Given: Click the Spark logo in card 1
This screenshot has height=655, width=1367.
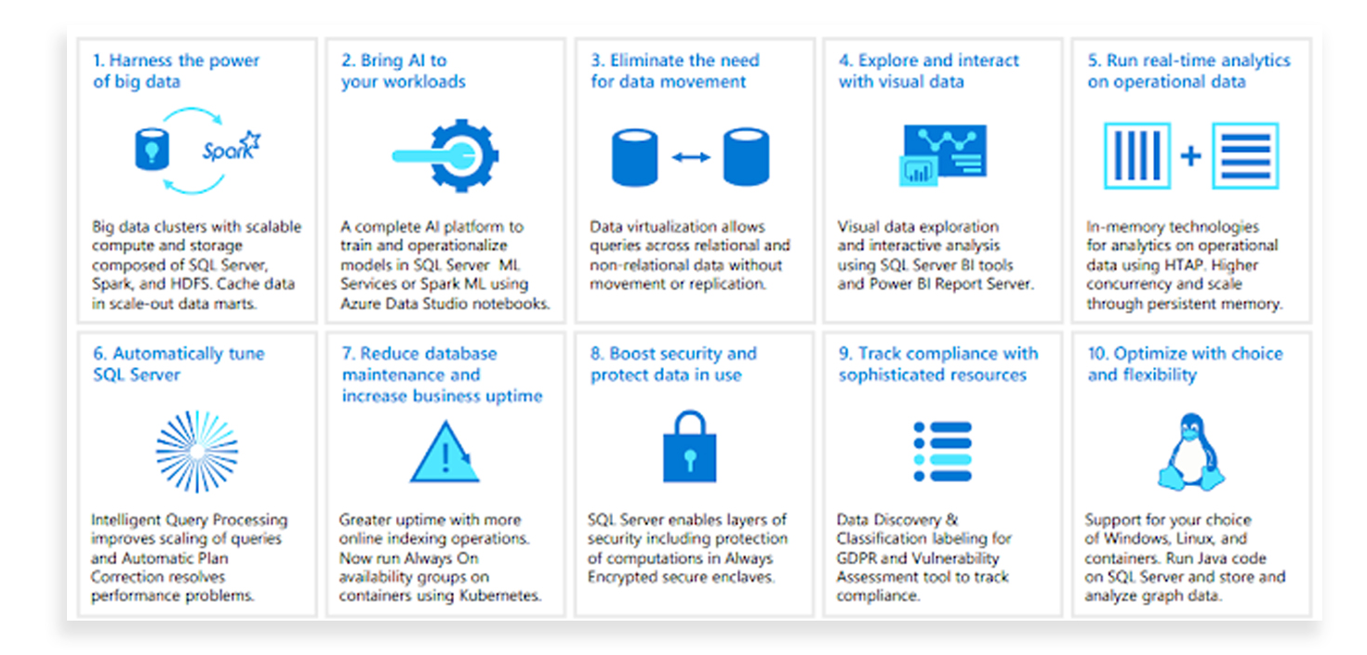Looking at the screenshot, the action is click(232, 147).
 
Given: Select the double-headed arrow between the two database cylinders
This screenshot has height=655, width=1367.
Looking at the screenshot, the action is click(691, 157).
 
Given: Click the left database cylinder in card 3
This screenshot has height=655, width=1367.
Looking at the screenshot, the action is click(634, 157).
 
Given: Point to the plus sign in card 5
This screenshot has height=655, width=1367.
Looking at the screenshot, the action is click(1190, 156).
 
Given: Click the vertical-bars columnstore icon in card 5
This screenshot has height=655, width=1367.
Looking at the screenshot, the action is click(1137, 155).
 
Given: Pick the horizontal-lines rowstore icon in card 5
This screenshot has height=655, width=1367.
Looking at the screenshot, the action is click(1245, 155).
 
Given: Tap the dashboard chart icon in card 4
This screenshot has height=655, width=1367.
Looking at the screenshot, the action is click(943, 155).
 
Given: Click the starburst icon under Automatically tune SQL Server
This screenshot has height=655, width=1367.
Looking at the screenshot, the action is click(196, 452).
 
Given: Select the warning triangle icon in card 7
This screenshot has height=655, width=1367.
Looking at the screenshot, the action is click(445, 452).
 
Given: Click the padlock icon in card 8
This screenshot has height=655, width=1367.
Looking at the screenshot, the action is click(690, 447).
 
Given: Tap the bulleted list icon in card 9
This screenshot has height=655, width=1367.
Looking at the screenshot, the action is click(942, 452).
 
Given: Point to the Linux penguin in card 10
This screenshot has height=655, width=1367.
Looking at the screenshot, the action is click(1191, 452).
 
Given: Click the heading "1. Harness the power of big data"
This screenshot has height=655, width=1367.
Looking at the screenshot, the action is click(176, 71).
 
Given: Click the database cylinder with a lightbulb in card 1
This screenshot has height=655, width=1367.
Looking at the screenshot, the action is click(152, 150).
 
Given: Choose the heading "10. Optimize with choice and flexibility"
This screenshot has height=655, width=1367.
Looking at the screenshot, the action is click(1185, 364).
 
